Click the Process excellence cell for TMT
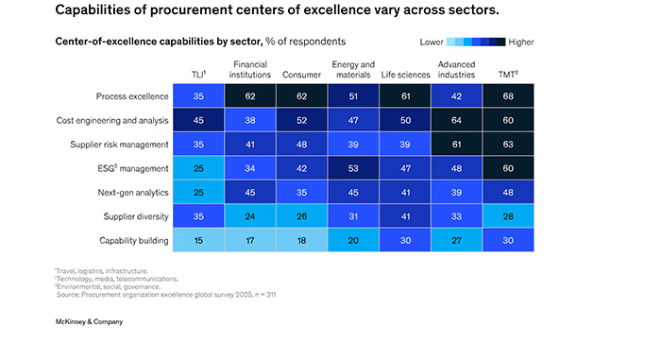508,95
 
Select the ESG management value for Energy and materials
353,168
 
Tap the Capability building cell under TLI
199,240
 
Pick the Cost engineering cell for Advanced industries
456,120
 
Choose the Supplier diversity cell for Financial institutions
250,216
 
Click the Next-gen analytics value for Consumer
302,192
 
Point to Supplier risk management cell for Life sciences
405,144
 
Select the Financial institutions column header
250,69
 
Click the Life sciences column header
405,74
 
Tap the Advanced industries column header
456,69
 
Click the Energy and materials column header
353,69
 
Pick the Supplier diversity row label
134,216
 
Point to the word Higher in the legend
520,43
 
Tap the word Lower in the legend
432,43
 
